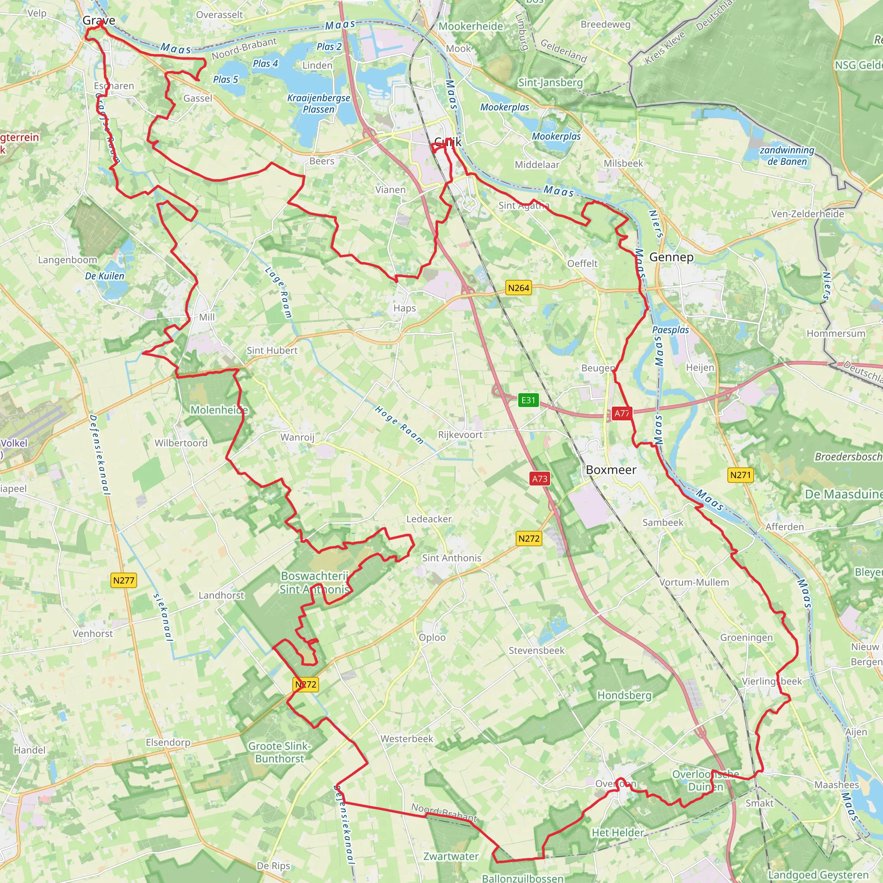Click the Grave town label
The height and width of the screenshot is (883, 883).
click(x=99, y=21)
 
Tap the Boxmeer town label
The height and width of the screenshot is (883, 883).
click(x=611, y=470)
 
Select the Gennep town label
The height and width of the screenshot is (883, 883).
click(x=671, y=257)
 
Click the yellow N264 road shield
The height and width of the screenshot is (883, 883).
click(x=518, y=288)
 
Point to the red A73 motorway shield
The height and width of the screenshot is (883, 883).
click(x=539, y=479)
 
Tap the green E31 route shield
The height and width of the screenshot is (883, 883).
click(x=528, y=401)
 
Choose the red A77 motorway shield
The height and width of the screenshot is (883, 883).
click(x=621, y=413)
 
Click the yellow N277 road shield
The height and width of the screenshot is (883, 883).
click(x=124, y=580)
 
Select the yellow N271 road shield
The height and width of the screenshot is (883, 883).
click(x=740, y=475)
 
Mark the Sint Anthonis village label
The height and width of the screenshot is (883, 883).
click(x=451, y=558)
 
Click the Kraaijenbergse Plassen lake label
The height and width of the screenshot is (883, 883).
click(x=319, y=104)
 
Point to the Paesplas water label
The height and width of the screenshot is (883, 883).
click(x=670, y=330)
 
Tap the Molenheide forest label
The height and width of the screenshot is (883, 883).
click(x=219, y=410)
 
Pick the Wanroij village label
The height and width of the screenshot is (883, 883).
click(x=297, y=437)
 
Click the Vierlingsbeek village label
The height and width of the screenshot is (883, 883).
click(x=771, y=682)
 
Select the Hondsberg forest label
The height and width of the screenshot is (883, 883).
click(x=624, y=695)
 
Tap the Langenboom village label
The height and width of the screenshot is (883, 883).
click(x=68, y=260)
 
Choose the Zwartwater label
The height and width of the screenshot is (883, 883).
click(x=451, y=857)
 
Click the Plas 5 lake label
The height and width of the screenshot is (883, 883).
click(x=225, y=79)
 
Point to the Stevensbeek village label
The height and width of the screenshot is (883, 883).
click(x=536, y=650)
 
